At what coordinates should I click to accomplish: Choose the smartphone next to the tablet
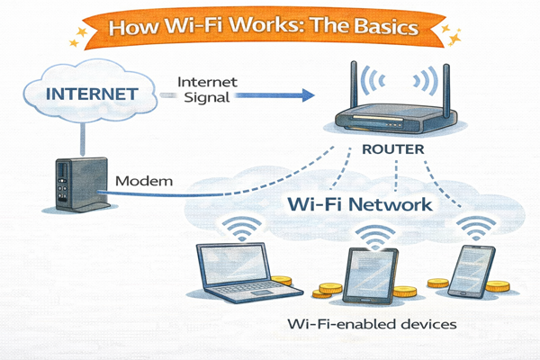coord(468,269)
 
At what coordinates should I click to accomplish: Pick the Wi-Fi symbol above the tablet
coord(372,237)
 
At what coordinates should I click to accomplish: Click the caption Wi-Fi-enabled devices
coord(370,322)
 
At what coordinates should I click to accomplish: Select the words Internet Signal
coord(208,87)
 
